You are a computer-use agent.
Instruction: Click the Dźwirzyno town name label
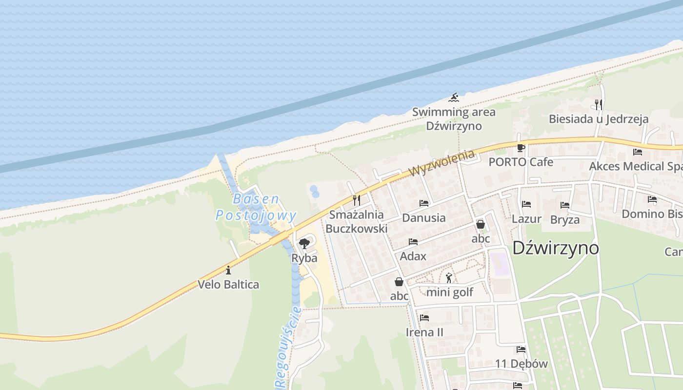pyautogui.click(x=555, y=248)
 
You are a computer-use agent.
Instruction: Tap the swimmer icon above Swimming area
pyautogui.click(x=454, y=97)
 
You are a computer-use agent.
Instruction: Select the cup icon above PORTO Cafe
pyautogui.click(x=521, y=147)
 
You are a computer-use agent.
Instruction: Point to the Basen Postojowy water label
pyautogui.click(x=256, y=207)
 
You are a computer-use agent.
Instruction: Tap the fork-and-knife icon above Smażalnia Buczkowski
pyautogui.click(x=357, y=200)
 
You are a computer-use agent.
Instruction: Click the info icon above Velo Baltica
pyautogui.click(x=228, y=270)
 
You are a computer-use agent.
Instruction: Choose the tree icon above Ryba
pyautogui.click(x=304, y=243)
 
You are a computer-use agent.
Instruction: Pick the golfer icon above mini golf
pyautogui.click(x=449, y=278)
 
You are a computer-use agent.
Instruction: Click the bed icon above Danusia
pyautogui.click(x=423, y=203)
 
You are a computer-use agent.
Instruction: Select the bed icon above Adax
pyautogui.click(x=413, y=241)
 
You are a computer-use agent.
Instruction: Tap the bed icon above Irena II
pyautogui.click(x=424, y=318)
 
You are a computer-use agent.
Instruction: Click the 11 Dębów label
pyautogui.click(x=521, y=364)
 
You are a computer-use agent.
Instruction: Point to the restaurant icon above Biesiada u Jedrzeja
pyautogui.click(x=599, y=104)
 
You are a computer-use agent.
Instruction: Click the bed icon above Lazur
pyautogui.click(x=526, y=204)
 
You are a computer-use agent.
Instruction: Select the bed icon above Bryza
pyautogui.click(x=565, y=205)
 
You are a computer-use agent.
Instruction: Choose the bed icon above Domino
pyautogui.click(x=652, y=199)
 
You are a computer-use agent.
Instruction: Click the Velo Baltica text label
pyautogui.click(x=228, y=284)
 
